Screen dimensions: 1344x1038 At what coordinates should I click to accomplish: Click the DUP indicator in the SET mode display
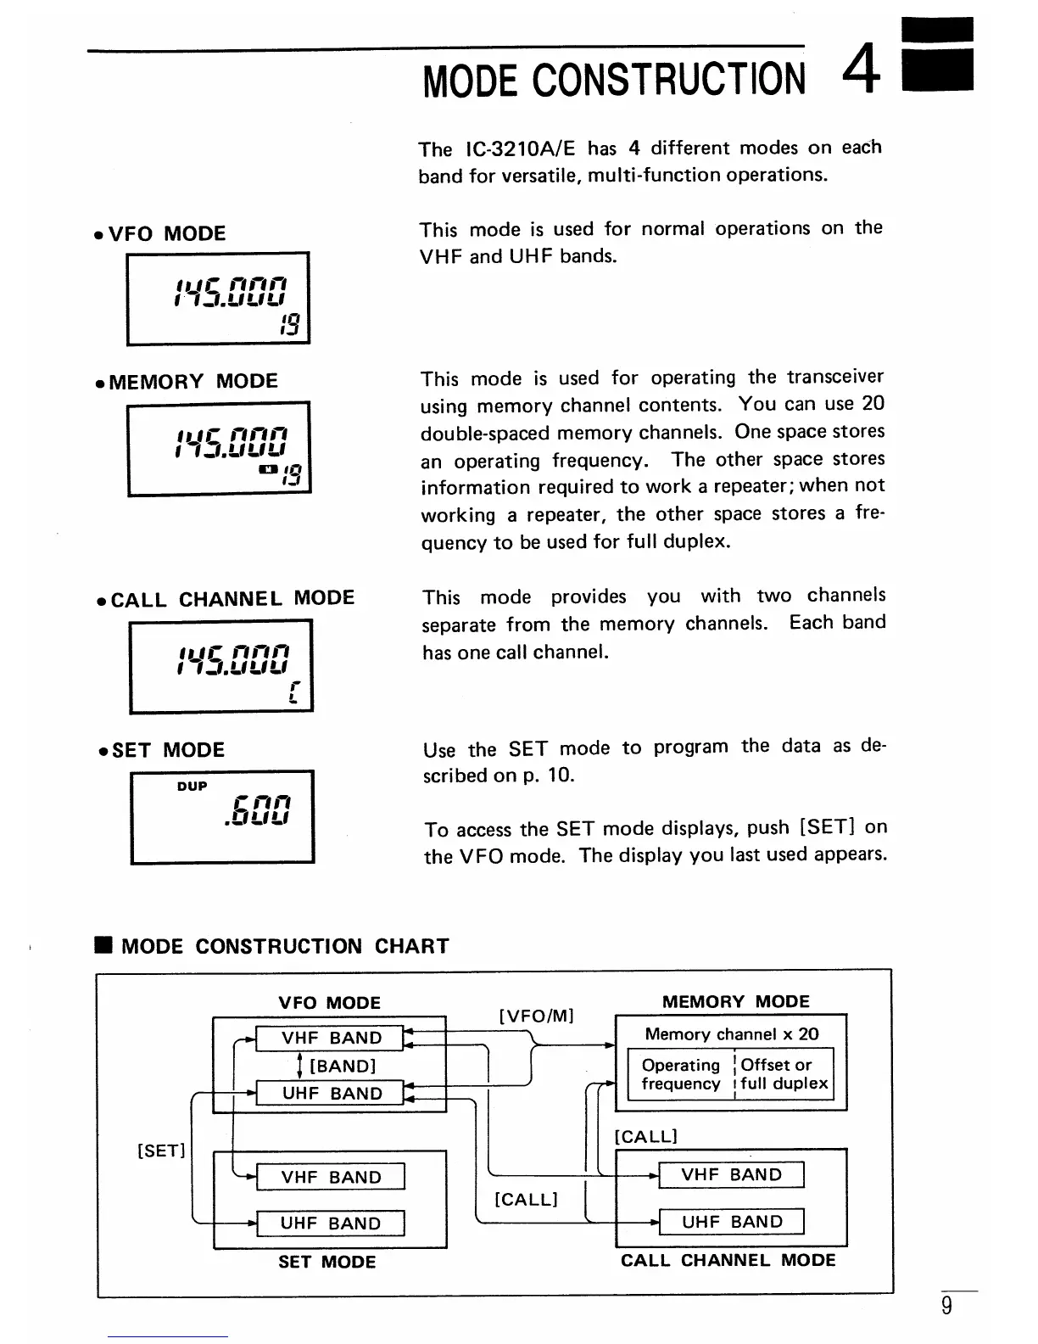pyautogui.click(x=192, y=787)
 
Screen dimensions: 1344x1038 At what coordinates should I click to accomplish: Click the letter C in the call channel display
pyautogui.click(x=292, y=693)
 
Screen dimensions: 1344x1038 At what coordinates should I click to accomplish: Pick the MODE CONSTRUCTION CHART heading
pyautogui.click(x=285, y=946)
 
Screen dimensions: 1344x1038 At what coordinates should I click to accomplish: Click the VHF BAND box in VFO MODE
pyautogui.click(x=332, y=1038)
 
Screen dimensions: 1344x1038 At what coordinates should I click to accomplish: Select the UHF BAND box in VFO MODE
pyautogui.click(x=332, y=1094)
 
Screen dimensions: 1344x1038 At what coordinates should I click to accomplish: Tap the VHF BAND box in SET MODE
pyautogui.click(x=331, y=1177)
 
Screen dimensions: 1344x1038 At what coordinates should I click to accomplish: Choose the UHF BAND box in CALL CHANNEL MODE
pyautogui.click(x=732, y=1222)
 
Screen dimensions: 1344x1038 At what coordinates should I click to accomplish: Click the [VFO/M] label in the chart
pyautogui.click(x=537, y=1016)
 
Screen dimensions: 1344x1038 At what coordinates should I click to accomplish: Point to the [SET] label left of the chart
pyautogui.click(x=160, y=1151)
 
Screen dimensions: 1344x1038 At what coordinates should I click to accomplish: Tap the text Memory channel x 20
pyautogui.click(x=732, y=1034)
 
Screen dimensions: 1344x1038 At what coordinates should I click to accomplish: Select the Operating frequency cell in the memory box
pyautogui.click(x=680, y=1074)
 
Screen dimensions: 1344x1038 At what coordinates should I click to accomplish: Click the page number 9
pyautogui.click(x=946, y=1306)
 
